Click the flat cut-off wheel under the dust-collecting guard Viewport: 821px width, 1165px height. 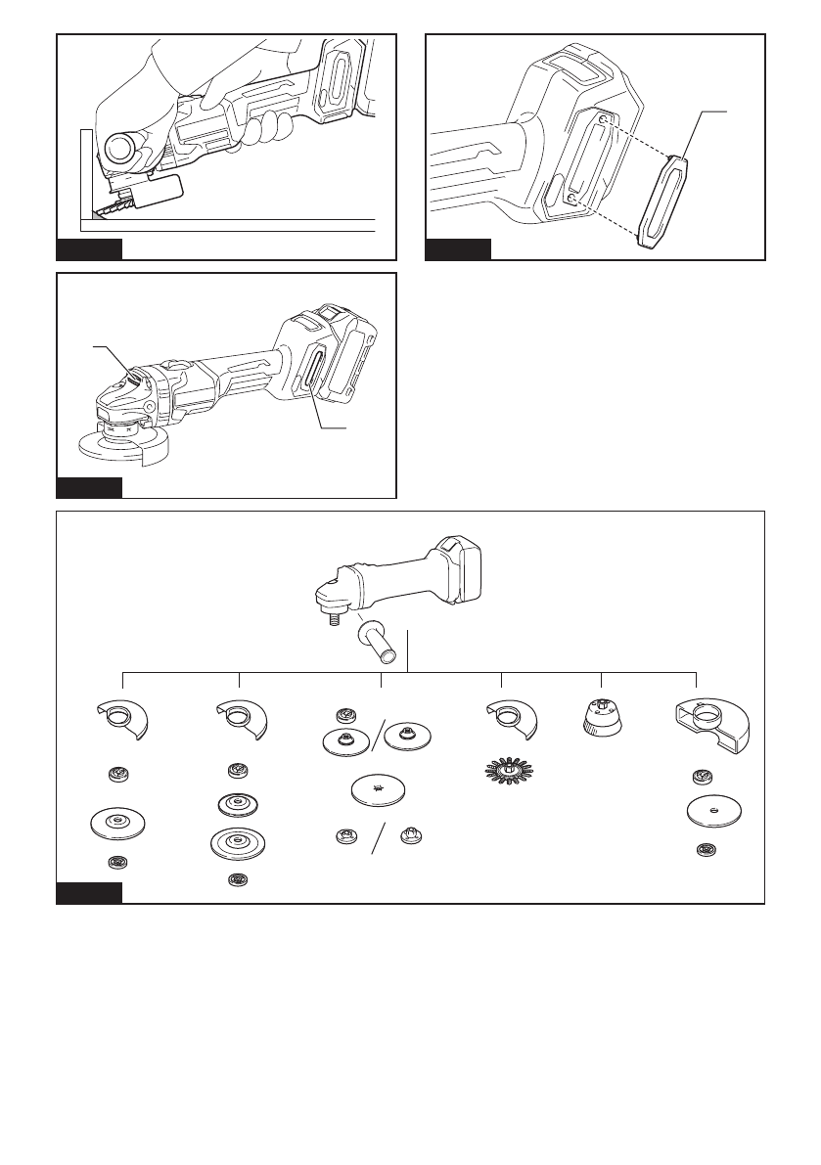point(712,809)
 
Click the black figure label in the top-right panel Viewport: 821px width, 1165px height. point(458,249)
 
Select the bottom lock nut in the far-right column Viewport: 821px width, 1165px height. point(702,849)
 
